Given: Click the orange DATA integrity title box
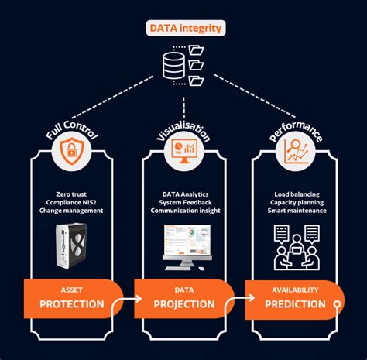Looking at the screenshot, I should (x=183, y=29).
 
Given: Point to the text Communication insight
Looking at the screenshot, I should (x=183, y=211).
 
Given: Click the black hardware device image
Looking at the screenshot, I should (x=74, y=246).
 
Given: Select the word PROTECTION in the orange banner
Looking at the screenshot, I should (x=71, y=304).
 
